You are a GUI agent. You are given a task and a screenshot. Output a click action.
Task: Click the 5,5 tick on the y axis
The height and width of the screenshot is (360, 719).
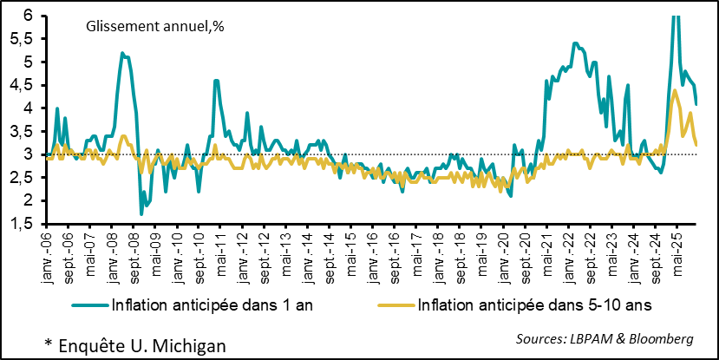23,39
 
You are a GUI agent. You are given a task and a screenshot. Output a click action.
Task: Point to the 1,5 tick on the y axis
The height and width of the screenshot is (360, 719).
23,224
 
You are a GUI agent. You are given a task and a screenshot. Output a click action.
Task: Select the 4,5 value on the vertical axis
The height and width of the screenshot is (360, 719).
23,85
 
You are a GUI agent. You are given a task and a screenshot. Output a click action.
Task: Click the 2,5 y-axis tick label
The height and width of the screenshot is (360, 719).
23,178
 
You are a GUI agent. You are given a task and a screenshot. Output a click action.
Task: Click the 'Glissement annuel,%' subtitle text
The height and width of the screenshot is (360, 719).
154,27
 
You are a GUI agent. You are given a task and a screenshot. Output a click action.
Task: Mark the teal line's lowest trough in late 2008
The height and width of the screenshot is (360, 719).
141,213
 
